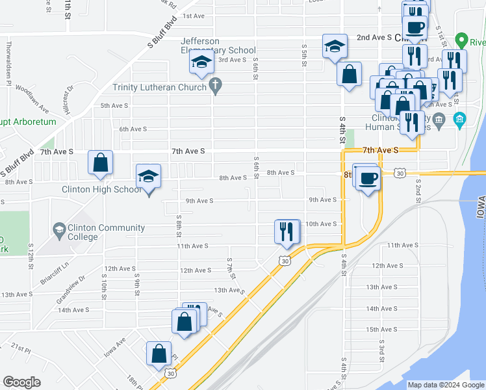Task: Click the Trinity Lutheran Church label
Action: (159, 87)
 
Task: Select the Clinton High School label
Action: (101, 190)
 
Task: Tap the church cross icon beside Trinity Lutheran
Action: (216, 86)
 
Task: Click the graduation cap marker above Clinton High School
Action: (149, 177)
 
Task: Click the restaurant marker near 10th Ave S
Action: (287, 231)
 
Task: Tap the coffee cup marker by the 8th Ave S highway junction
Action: (368, 177)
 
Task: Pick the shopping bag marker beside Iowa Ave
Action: (159, 354)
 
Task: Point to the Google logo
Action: (21, 382)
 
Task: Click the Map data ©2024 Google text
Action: (445, 385)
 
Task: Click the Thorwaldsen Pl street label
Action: (8, 56)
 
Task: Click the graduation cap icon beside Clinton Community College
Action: (58, 229)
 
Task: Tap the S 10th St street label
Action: (103, 281)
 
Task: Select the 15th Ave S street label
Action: (381, 330)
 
